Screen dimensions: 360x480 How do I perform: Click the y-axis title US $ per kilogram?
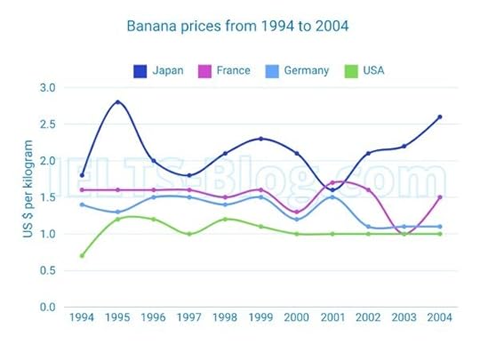(x=28, y=198)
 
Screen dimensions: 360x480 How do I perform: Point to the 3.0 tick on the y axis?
(x=47, y=88)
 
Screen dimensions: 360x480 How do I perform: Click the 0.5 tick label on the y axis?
(x=47, y=271)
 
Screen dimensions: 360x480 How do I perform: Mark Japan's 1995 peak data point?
(x=117, y=102)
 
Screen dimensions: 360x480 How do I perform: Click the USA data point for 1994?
(x=82, y=256)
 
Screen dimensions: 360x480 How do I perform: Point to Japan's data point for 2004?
(x=439, y=117)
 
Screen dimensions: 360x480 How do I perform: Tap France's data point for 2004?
(x=439, y=197)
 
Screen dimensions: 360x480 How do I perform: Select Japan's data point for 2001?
(x=332, y=190)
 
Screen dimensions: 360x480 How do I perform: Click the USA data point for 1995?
(x=117, y=220)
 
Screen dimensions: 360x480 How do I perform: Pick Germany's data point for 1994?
(x=82, y=204)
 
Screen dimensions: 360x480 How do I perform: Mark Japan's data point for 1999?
(x=260, y=139)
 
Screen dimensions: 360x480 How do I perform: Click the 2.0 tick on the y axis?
(x=47, y=161)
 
